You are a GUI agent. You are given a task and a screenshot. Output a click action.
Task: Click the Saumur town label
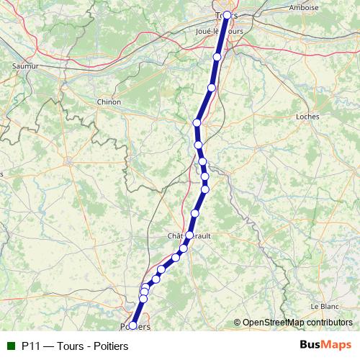[x=24, y=66]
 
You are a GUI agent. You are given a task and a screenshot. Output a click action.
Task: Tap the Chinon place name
[x=109, y=102]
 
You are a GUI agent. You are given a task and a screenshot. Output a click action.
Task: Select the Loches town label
[x=307, y=115]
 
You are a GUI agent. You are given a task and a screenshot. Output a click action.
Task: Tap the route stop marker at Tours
[x=227, y=15]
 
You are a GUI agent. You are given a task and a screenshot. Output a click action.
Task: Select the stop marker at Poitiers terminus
[x=132, y=326]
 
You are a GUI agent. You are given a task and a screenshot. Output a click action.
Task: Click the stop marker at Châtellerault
[x=189, y=235]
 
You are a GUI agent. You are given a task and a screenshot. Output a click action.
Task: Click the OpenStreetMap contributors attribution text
[x=297, y=323]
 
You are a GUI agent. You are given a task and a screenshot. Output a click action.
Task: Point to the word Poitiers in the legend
[x=106, y=346]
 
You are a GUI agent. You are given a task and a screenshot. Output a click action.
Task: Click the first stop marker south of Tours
[x=217, y=56]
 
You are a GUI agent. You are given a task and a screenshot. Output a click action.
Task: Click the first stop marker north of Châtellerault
[x=195, y=213]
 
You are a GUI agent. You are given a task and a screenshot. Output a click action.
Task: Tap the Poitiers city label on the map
[x=134, y=326]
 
